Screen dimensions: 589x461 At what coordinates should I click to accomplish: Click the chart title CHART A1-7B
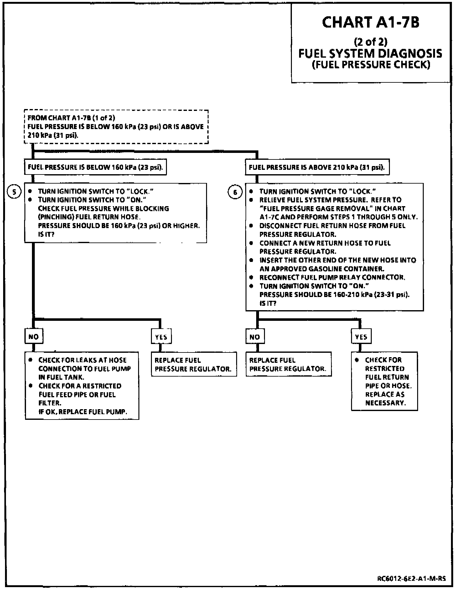370,23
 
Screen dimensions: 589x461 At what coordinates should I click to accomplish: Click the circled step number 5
14,192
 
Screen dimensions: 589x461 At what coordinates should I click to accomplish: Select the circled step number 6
235,192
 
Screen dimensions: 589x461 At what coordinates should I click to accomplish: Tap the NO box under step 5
34,337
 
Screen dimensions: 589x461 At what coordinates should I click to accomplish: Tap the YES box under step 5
161,337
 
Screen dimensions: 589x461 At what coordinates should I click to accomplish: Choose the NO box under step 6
255,337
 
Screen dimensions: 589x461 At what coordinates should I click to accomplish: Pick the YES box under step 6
361,337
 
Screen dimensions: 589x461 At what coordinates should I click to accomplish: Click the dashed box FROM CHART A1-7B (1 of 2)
116,127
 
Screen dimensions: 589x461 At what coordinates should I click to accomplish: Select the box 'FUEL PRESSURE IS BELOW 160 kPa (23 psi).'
95,167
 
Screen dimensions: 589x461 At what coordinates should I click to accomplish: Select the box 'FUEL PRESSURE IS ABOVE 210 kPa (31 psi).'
317,167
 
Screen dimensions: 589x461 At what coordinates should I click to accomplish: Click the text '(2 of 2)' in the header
370,41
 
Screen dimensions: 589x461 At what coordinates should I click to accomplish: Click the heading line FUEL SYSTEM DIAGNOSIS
370,53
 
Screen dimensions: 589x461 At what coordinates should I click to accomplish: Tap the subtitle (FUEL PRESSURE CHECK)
371,65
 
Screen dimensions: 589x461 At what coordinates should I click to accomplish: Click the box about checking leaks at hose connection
82,385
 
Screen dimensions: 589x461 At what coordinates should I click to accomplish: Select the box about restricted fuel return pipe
385,381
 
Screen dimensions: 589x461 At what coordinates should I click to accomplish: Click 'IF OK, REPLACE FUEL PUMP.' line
83,412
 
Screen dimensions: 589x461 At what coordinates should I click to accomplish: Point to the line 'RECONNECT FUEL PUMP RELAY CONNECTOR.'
332,277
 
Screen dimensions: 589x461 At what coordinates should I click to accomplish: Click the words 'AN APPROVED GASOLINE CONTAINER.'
321,269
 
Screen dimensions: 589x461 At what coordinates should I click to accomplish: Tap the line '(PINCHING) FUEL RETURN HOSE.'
88,217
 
